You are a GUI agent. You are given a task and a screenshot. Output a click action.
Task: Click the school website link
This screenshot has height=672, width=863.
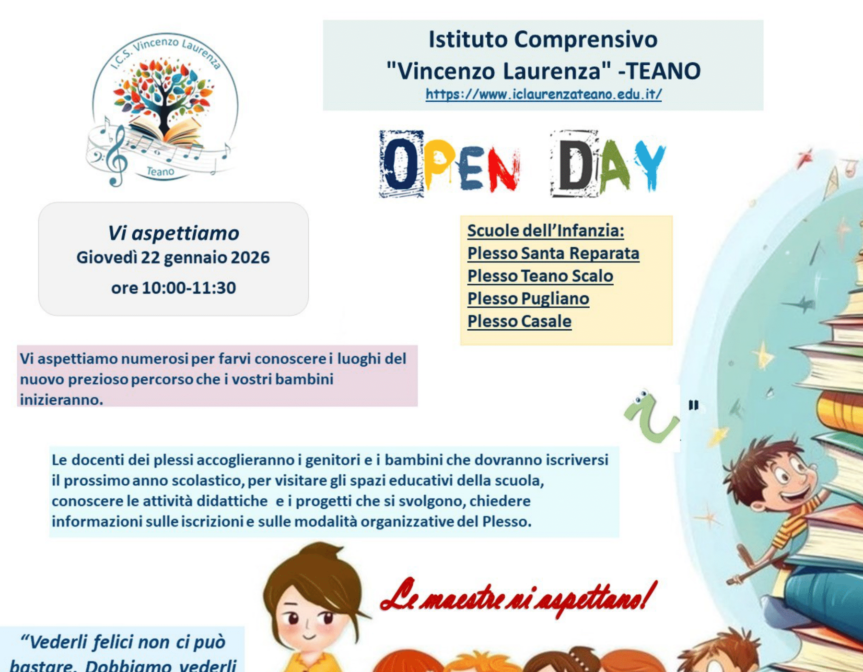click(x=543, y=94)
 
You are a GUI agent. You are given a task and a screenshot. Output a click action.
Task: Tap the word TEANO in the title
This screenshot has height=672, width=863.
click(x=664, y=71)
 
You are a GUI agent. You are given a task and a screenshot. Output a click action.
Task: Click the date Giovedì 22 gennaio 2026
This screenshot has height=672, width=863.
click(x=173, y=258)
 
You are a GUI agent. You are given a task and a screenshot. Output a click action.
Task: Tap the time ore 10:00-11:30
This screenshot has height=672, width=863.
click(x=173, y=288)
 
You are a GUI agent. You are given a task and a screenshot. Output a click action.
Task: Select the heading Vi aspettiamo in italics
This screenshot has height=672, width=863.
click(x=173, y=233)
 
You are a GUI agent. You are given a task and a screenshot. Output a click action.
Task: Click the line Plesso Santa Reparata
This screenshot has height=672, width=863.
click(x=553, y=253)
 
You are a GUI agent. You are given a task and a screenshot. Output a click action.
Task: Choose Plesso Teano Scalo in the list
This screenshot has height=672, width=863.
click(x=540, y=276)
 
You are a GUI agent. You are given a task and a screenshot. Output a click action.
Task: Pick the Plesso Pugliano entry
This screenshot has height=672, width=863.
click(x=528, y=299)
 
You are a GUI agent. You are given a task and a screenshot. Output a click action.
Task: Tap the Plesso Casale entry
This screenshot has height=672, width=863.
click(x=519, y=321)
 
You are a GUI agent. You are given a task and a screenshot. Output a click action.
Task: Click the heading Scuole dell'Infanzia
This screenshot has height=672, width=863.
click(x=546, y=231)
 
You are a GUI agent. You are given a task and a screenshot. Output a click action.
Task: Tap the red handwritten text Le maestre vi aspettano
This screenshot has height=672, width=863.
click(x=518, y=598)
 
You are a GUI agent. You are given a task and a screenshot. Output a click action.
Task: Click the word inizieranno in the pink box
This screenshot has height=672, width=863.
click(x=61, y=399)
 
